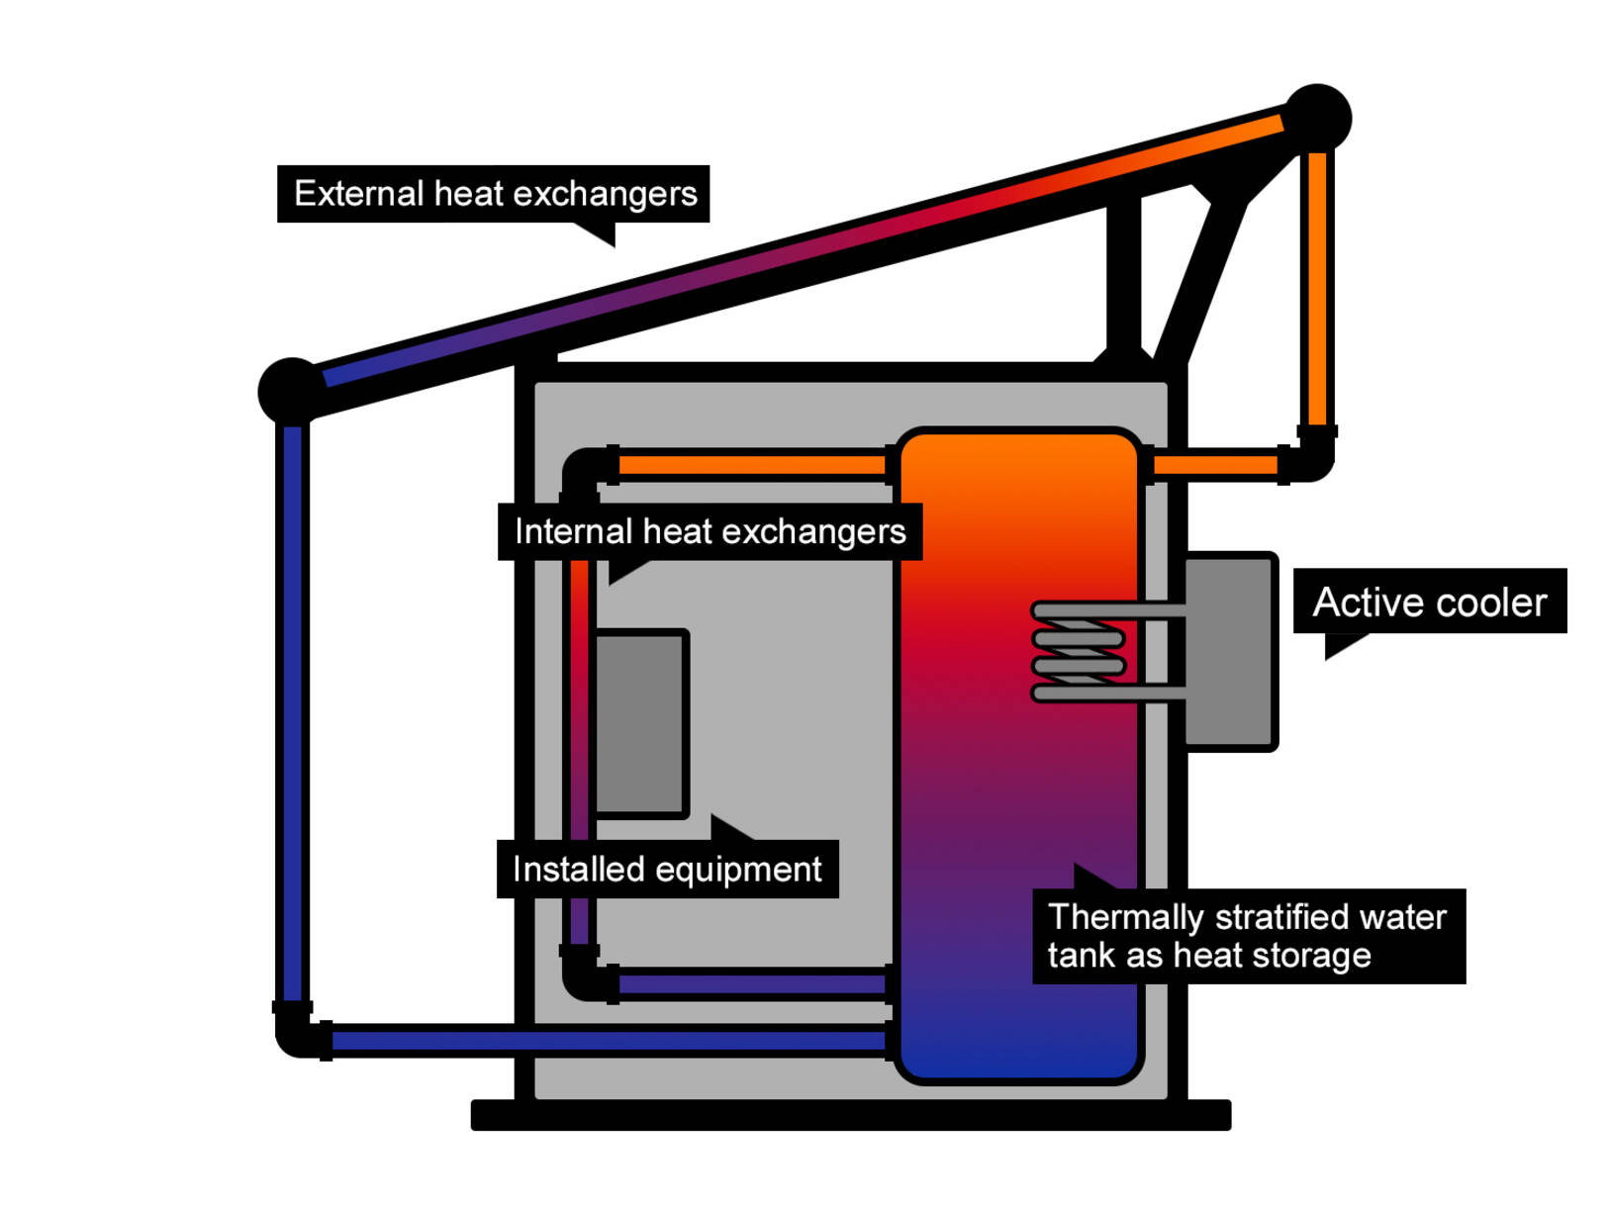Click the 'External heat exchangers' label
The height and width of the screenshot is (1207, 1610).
(494, 194)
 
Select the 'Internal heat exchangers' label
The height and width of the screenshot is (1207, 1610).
(710, 532)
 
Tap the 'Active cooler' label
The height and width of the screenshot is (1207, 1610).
(1429, 602)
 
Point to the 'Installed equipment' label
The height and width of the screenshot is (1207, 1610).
(667, 870)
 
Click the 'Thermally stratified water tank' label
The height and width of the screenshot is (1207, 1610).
(1247, 936)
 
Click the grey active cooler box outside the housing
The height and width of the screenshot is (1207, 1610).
(1230, 651)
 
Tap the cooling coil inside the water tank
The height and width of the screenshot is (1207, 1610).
(1079, 652)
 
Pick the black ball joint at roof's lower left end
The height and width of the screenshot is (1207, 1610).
(290, 390)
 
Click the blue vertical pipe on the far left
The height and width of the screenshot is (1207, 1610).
(292, 712)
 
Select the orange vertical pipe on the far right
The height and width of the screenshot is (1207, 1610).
(1317, 287)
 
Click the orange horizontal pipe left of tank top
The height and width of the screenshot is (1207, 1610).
(752, 465)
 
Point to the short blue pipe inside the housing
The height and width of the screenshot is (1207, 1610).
(752, 984)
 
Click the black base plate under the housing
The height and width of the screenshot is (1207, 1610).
(851, 1115)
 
